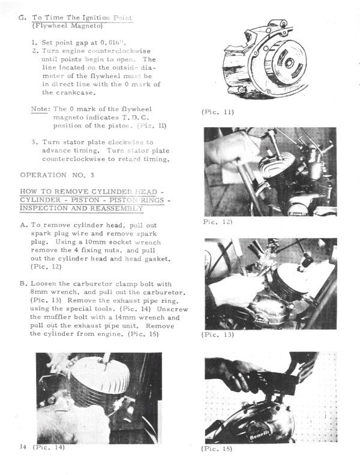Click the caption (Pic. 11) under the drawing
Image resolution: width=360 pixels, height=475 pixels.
click(218, 112)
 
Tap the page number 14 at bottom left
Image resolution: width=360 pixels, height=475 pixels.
click(22, 447)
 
